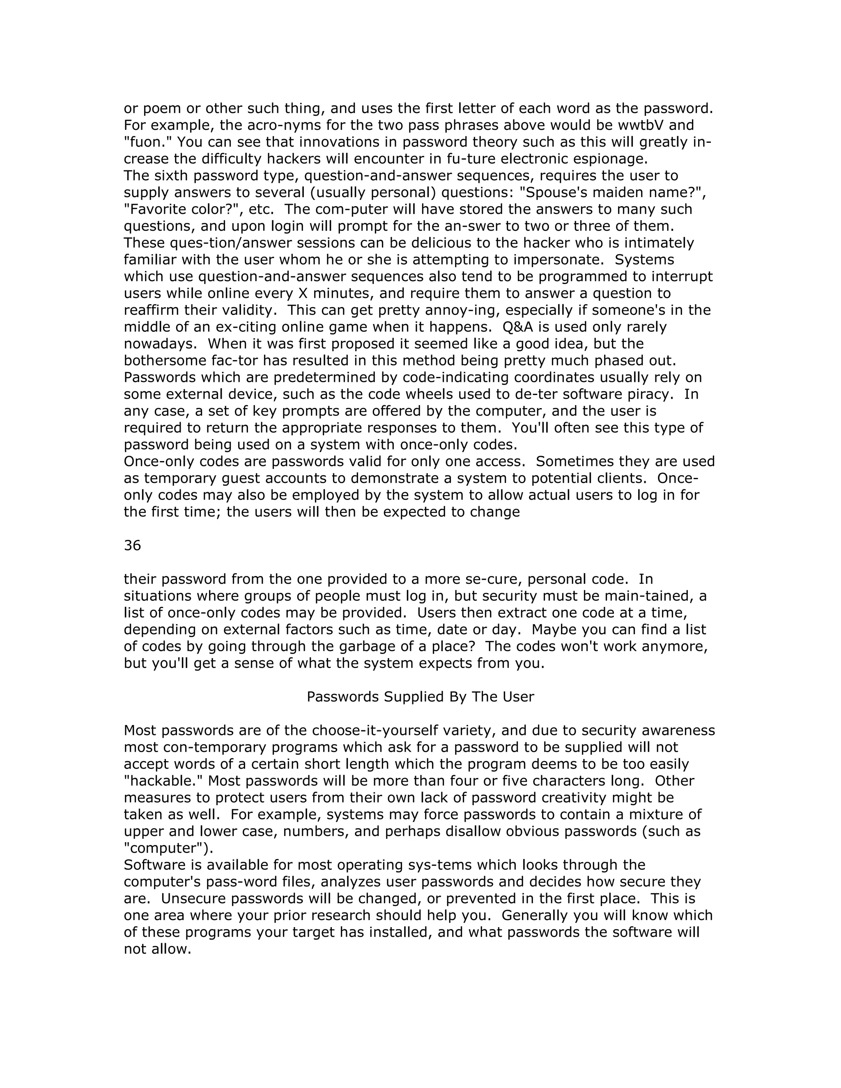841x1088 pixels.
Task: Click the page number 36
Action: tap(132, 546)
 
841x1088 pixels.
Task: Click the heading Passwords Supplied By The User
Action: tap(420, 696)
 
